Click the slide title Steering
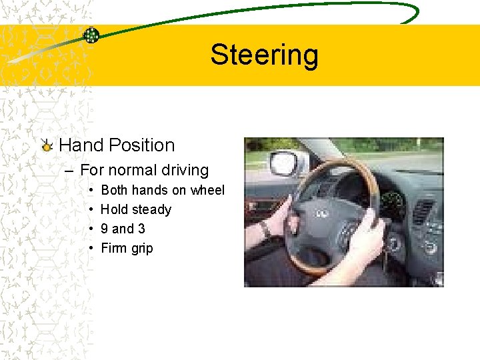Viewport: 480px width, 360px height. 264,55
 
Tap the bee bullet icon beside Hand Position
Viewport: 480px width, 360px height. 46,145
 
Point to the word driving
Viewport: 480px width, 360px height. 185,171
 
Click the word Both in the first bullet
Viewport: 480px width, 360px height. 115,191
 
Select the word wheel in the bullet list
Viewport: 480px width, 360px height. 207,191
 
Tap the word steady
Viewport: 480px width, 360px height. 151,210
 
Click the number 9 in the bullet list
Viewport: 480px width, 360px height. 104,229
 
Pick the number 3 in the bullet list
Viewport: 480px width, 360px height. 141,229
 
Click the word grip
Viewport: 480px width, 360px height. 141,249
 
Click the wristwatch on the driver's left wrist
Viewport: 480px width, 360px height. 265,229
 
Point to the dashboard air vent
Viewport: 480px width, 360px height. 423,212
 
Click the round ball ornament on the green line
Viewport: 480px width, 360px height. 91,35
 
